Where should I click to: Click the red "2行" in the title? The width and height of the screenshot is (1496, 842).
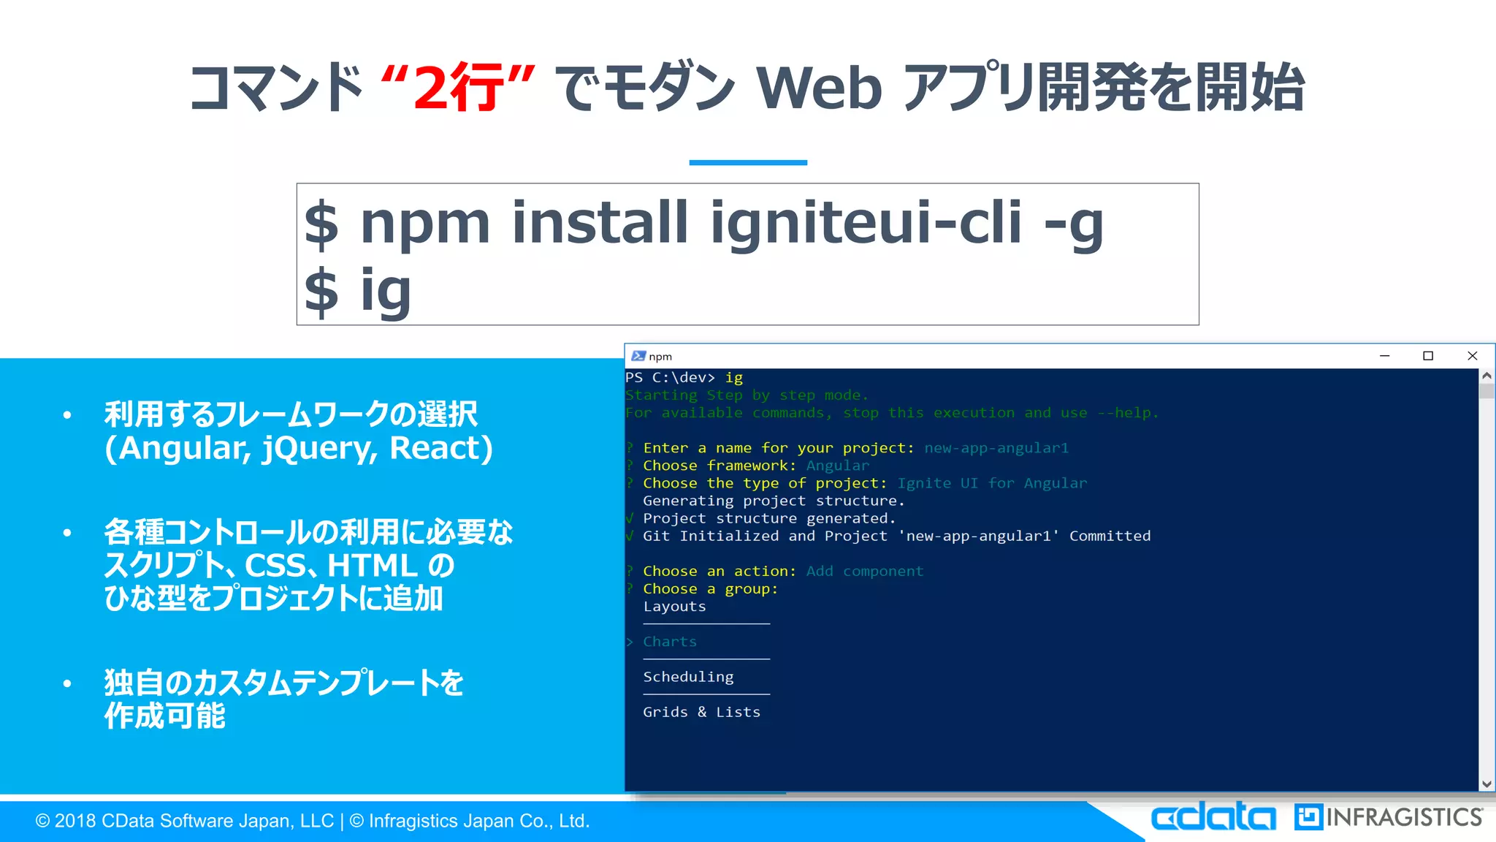[459, 88]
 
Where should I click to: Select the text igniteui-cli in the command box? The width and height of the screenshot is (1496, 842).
[866, 222]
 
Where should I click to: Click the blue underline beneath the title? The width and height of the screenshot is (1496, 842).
[748, 162]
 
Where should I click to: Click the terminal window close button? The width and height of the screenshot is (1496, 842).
[1472, 356]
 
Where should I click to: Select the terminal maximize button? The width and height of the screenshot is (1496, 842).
[1428, 356]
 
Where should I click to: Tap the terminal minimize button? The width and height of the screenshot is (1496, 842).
[1384, 356]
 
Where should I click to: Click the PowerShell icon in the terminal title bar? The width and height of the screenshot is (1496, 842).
[638, 356]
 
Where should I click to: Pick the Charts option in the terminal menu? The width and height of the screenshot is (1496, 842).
[670, 642]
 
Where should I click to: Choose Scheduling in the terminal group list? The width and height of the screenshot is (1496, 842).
[688, 677]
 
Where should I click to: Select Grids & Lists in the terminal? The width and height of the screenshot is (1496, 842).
[701, 712]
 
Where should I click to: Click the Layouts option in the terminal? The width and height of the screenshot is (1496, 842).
[674, 607]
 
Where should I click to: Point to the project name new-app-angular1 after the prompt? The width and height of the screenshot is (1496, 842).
[996, 448]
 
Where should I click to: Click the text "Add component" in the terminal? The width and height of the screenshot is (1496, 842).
[865, 571]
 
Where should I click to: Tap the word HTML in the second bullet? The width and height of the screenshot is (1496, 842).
[373, 566]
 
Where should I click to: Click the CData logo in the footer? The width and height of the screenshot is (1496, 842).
[1213, 817]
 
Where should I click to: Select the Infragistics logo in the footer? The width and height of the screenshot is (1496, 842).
[1389, 817]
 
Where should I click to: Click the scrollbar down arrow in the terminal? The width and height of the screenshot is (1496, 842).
[1487, 784]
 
